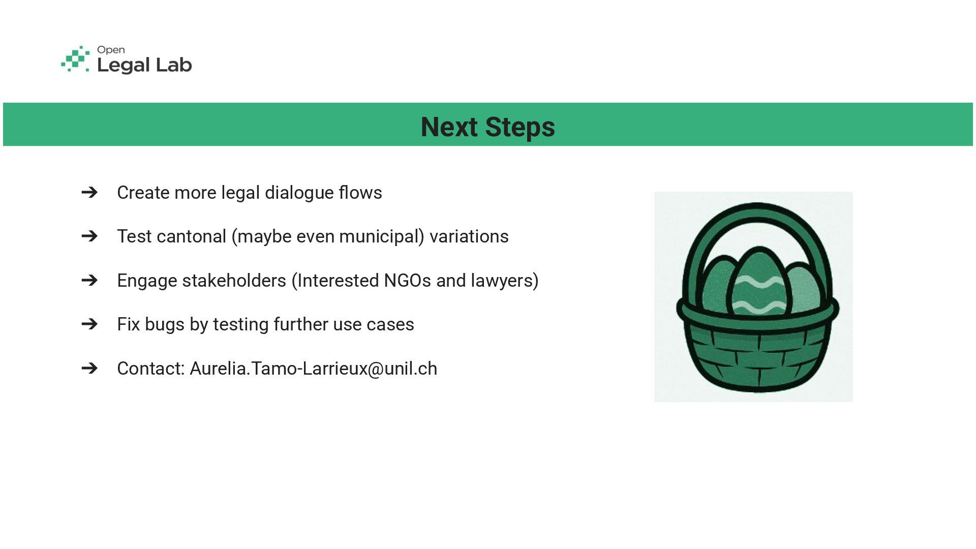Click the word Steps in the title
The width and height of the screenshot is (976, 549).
point(520,127)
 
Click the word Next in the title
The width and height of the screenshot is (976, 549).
point(449,127)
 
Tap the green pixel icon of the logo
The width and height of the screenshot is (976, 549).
point(75,59)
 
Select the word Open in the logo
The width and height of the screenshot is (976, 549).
point(111,50)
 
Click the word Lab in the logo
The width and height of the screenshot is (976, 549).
point(174,65)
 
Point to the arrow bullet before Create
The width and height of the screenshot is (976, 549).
point(89,192)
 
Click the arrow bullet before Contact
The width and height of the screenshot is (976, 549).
point(89,368)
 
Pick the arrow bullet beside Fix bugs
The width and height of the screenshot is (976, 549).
point(89,324)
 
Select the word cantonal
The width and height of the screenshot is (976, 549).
point(192,236)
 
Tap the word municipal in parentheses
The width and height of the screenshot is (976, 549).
point(381,237)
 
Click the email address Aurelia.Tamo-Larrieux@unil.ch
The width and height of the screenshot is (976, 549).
point(313,369)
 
